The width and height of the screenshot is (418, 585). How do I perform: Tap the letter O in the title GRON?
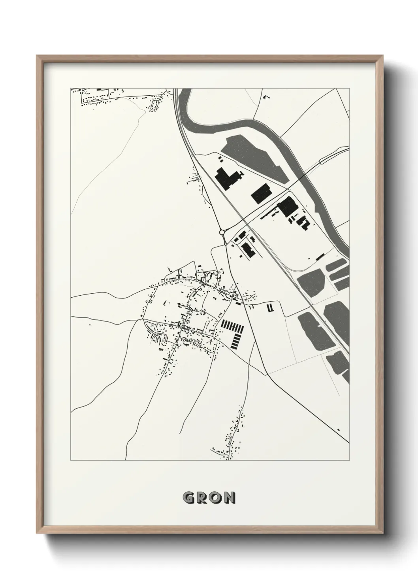pos(215,497)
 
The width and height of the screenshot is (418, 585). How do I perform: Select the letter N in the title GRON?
pos(229,497)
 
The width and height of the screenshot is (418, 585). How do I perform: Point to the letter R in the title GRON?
pos(201,497)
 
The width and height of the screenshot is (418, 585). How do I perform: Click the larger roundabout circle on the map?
pos(222,232)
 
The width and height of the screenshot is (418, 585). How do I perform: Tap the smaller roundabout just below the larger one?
pos(225,245)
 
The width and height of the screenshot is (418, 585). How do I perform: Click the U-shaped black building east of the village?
pos(270,309)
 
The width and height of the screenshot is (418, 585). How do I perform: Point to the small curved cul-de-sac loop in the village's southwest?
pos(160,338)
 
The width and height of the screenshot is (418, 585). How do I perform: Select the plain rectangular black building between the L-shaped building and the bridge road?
pos(261,194)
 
